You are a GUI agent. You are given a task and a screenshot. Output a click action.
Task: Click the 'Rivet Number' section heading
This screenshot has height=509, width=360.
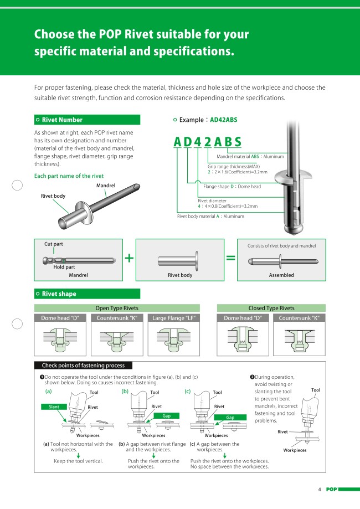point(62,120)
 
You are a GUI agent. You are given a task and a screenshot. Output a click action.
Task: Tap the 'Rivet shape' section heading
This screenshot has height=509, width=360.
point(59,294)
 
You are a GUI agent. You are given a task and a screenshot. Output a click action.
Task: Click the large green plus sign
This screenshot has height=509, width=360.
point(129,258)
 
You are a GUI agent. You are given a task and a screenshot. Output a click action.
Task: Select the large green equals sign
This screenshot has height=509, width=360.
point(230,258)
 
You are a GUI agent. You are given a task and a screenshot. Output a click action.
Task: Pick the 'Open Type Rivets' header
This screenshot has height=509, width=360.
point(117,308)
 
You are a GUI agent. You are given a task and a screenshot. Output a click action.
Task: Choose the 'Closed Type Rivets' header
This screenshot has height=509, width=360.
point(271,308)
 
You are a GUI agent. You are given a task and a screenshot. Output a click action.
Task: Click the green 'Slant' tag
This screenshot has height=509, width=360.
point(54,407)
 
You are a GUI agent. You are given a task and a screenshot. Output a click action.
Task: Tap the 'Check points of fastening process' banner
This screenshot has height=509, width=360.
point(83,365)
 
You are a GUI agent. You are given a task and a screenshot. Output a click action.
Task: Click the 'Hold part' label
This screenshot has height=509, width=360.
point(64,266)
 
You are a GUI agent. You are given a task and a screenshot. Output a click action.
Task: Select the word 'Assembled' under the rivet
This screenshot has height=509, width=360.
point(281,275)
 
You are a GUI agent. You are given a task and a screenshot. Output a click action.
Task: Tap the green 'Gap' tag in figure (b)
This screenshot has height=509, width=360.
point(166,415)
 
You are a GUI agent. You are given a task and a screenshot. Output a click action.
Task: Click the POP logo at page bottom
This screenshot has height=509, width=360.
point(331,489)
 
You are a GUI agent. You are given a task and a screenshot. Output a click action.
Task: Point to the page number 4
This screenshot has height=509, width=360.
point(320,489)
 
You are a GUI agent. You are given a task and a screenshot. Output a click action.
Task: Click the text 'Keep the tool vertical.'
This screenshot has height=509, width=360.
point(78,461)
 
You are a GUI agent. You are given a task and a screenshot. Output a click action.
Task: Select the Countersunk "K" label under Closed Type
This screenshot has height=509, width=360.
point(299,318)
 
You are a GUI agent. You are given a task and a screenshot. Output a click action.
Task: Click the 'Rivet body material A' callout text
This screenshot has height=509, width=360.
point(210,216)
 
